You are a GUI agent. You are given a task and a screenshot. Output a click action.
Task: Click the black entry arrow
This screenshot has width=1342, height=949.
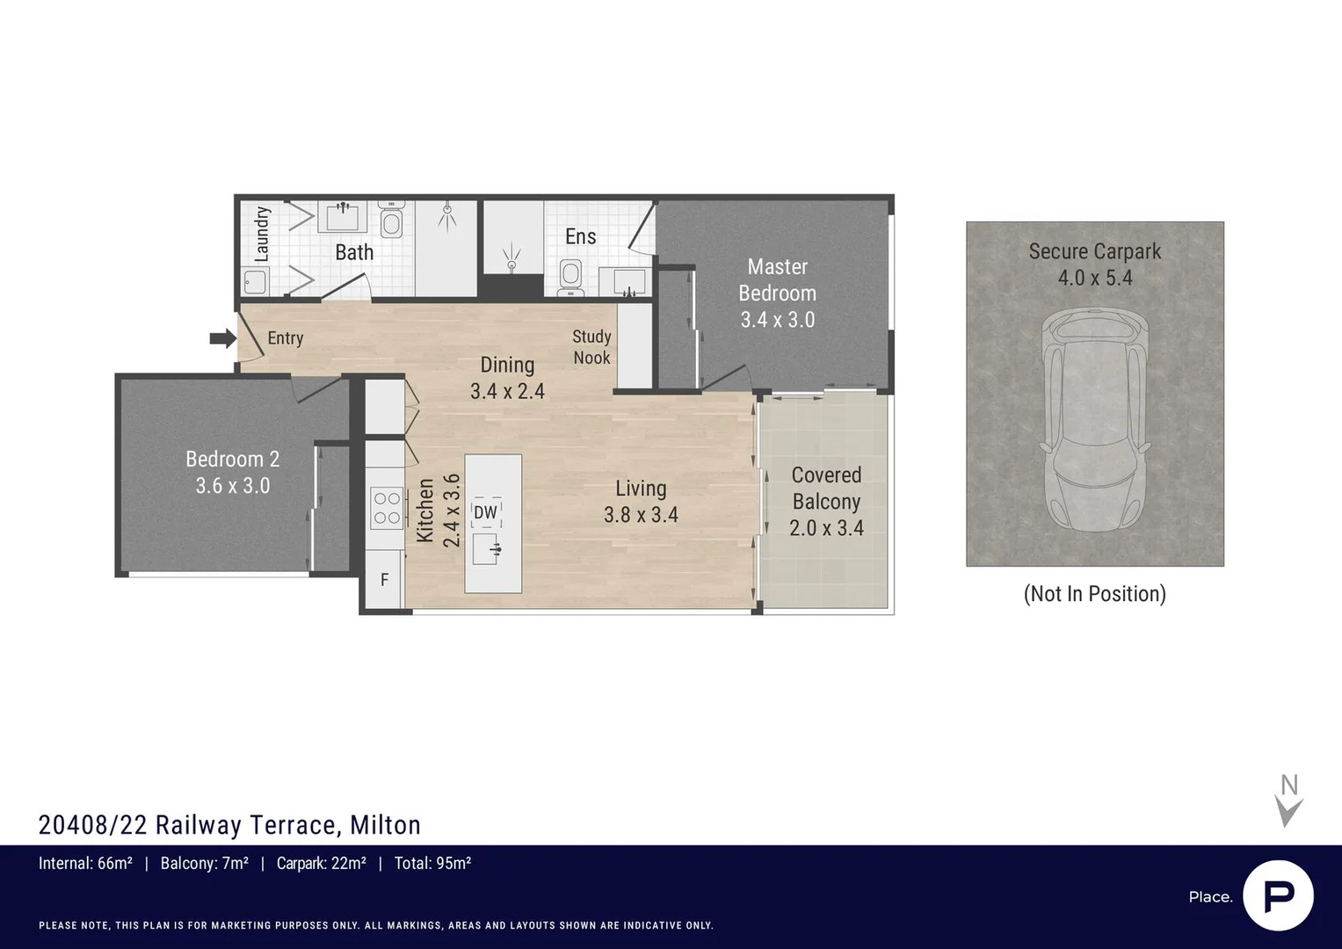(223, 338)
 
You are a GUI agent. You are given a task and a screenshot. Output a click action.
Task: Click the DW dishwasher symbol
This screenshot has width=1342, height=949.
(486, 512)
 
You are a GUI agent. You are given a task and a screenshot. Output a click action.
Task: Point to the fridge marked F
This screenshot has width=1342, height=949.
(384, 579)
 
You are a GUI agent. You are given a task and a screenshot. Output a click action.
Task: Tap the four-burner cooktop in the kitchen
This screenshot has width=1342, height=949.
(387, 508)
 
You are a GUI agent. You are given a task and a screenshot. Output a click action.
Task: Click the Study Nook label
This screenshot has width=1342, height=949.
(591, 347)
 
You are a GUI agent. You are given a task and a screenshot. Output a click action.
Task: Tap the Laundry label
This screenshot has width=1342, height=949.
(262, 235)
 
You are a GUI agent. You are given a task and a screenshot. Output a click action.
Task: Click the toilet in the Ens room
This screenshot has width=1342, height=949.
(570, 278)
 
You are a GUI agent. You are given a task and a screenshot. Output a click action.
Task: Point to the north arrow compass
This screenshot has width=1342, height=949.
(1288, 801)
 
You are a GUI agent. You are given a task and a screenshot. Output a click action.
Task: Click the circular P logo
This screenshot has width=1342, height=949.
(1278, 896)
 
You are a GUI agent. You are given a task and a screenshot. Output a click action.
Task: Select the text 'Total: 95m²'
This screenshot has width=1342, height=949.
(432, 863)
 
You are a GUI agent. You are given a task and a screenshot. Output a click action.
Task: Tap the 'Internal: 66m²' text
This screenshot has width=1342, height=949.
(85, 863)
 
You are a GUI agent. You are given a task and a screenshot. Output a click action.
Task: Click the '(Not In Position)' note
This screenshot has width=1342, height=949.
(1094, 594)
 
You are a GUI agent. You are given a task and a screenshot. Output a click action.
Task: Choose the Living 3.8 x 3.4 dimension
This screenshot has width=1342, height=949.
(641, 515)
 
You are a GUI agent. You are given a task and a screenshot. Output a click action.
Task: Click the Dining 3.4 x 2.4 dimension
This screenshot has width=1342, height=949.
(507, 391)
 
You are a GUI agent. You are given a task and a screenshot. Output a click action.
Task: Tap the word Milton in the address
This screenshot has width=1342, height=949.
(385, 825)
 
